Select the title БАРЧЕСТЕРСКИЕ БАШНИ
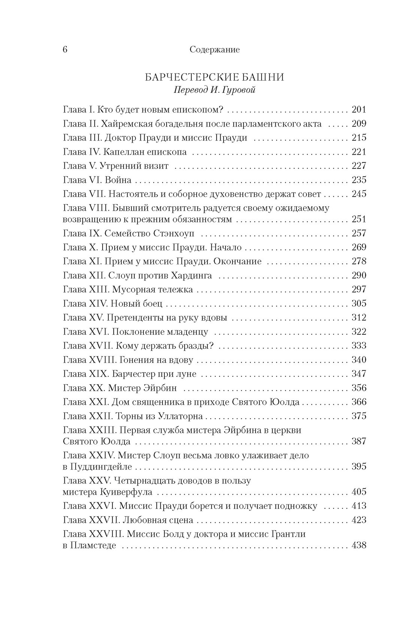click(214, 78)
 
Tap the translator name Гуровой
click(239, 91)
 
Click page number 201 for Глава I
click(358, 110)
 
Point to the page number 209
click(358, 124)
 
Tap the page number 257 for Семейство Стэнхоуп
click(358, 233)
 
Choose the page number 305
click(358, 303)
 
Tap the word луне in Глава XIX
click(187, 374)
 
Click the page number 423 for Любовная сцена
click(358, 520)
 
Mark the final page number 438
click(358, 546)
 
